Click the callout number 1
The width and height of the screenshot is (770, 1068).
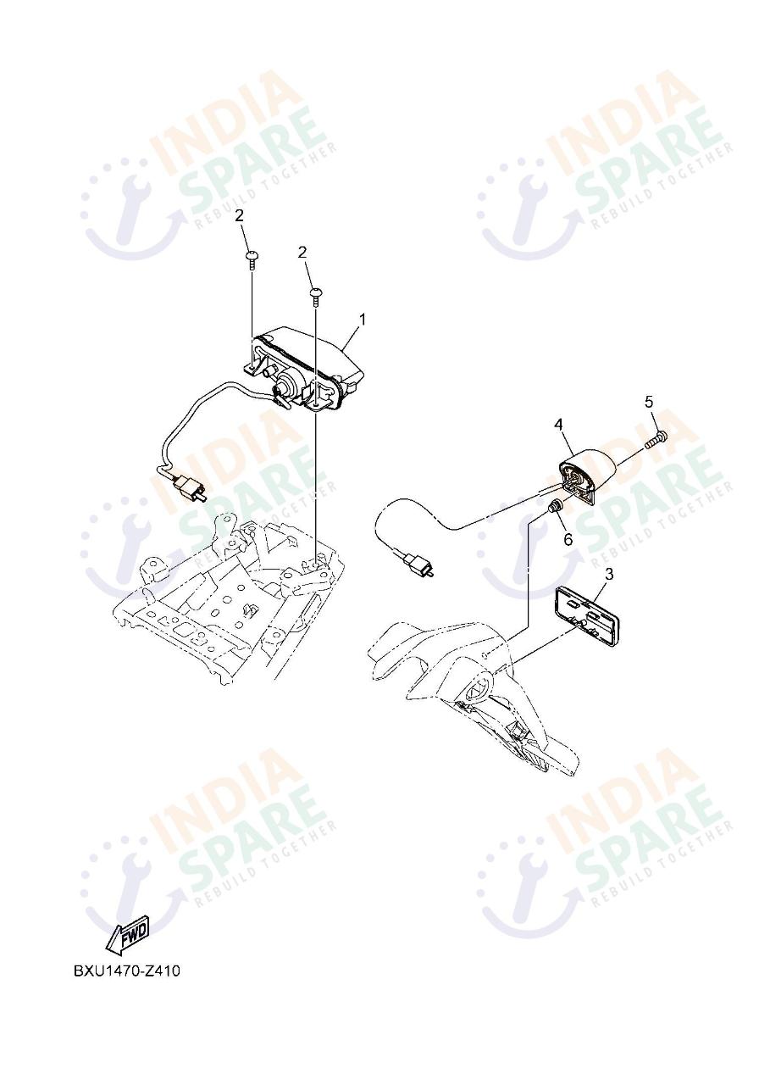pos(363,319)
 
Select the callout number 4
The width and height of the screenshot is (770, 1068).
pos(558,424)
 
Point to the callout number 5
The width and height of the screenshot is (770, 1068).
pos(649,401)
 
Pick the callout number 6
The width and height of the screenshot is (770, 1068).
pos(568,539)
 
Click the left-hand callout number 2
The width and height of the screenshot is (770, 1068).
pos(239,215)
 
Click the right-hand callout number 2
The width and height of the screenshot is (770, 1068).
pos(302,253)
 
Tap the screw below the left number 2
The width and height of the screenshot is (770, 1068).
pos(251,261)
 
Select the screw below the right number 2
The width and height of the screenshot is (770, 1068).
pos(315,297)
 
